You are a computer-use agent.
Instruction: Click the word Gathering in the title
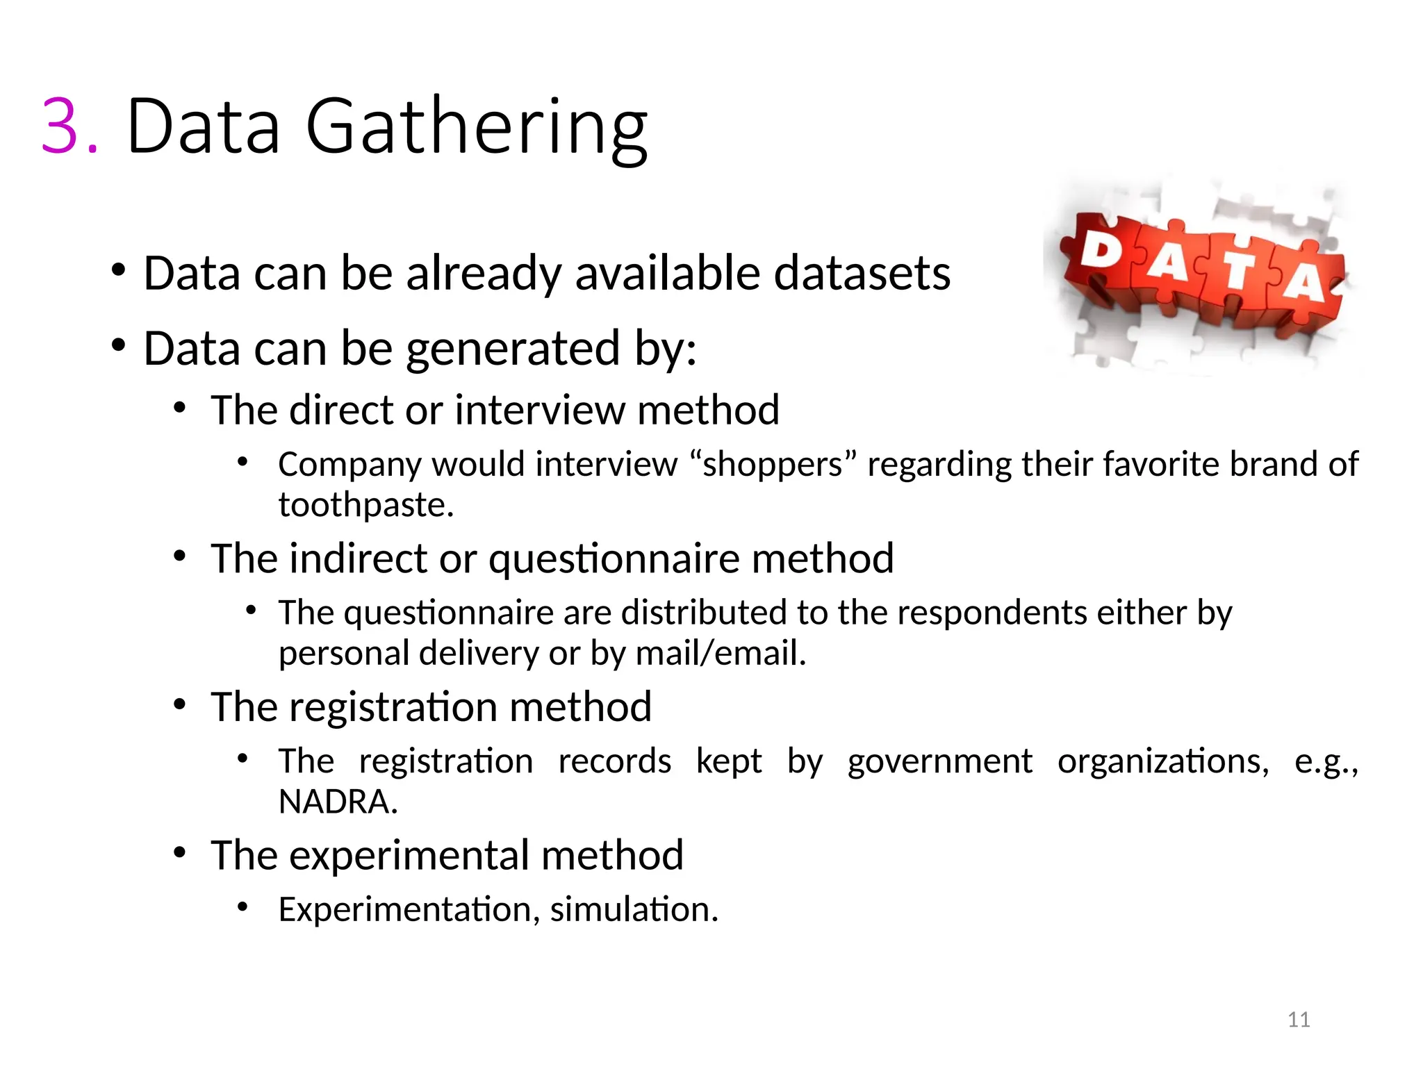point(477,129)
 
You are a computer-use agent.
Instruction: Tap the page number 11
point(1299,1020)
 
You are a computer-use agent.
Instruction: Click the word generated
point(513,349)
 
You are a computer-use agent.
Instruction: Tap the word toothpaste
point(365,505)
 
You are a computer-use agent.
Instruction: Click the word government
point(939,761)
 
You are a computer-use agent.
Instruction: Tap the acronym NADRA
point(338,802)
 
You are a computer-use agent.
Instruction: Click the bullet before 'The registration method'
point(180,704)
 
